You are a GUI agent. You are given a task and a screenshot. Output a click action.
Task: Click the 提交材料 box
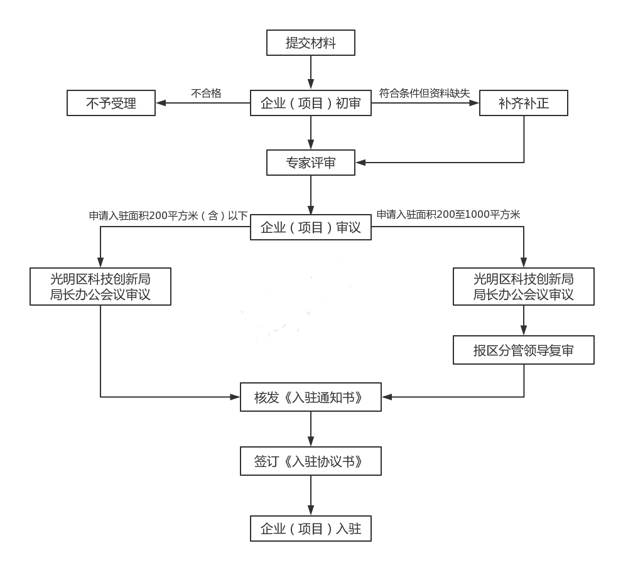click(x=311, y=43)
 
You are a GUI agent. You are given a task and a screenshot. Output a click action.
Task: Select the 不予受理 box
click(x=111, y=103)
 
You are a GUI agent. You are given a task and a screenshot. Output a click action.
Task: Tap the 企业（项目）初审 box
click(x=311, y=103)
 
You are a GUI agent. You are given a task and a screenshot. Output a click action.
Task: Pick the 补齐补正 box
click(x=523, y=103)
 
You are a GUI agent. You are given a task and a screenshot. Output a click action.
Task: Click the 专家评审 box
click(x=311, y=163)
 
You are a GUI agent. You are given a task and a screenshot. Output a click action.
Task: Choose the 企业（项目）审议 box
click(x=311, y=227)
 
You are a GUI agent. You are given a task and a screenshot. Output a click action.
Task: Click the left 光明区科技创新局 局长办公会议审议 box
click(x=100, y=286)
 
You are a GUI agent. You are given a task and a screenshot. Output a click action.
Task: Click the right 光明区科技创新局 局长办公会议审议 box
click(x=523, y=286)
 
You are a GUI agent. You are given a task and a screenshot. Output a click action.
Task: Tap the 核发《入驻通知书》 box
click(x=311, y=397)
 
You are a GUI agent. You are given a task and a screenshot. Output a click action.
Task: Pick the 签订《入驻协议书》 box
click(x=311, y=462)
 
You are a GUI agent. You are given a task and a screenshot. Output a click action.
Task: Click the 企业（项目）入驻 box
click(x=311, y=529)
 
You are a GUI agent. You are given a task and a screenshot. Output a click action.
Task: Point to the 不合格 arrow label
click(x=206, y=93)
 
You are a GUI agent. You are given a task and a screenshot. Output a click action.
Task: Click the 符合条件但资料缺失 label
click(x=424, y=93)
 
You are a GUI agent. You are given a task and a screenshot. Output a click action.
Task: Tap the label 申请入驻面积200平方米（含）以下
click(x=168, y=215)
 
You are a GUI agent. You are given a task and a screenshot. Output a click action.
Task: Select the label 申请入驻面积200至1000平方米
click(x=448, y=215)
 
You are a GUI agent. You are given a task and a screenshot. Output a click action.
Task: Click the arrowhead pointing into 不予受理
click(x=161, y=103)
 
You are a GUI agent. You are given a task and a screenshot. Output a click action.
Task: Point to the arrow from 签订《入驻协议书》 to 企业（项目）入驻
click(x=311, y=496)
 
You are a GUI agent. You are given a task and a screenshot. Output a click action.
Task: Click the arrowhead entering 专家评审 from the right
click(x=360, y=163)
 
